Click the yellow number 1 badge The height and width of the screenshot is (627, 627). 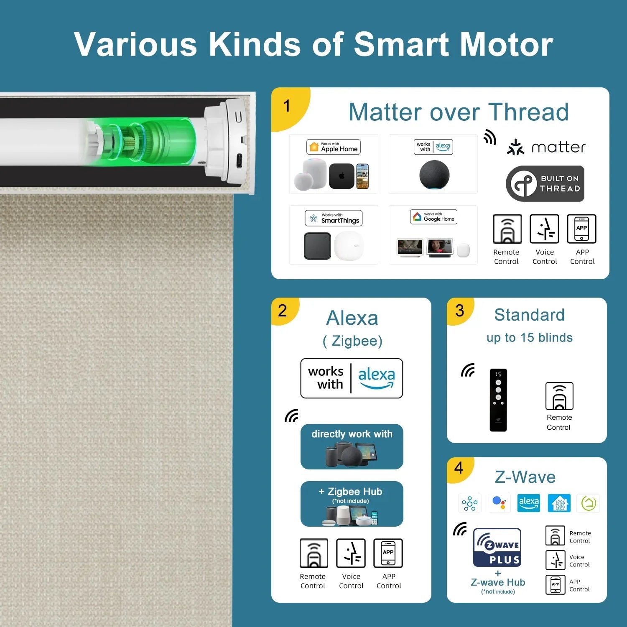coord(288,107)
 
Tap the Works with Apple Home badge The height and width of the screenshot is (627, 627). coord(334,147)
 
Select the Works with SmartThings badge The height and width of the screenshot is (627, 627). coord(334,218)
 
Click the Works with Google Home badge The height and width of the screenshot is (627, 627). coord(433,217)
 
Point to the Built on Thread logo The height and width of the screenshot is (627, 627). coord(545,184)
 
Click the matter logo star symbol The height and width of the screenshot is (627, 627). coord(515,147)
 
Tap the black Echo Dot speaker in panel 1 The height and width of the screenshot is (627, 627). coord(434,175)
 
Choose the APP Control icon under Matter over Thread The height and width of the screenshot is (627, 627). coord(581,229)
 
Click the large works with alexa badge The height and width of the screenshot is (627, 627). coord(352,378)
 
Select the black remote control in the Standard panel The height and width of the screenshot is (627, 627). coord(498,400)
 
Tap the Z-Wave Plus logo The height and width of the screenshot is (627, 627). coord(497,547)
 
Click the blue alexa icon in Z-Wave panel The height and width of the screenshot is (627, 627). coord(529,503)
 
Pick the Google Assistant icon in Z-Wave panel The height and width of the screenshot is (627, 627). coord(500,502)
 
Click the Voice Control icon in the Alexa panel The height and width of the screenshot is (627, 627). coord(351,553)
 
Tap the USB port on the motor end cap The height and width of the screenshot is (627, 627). coord(240,161)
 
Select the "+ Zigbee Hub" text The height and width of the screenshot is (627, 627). coord(350,492)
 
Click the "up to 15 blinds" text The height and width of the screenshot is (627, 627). coord(530,338)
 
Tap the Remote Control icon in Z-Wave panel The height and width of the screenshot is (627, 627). coord(555,535)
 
